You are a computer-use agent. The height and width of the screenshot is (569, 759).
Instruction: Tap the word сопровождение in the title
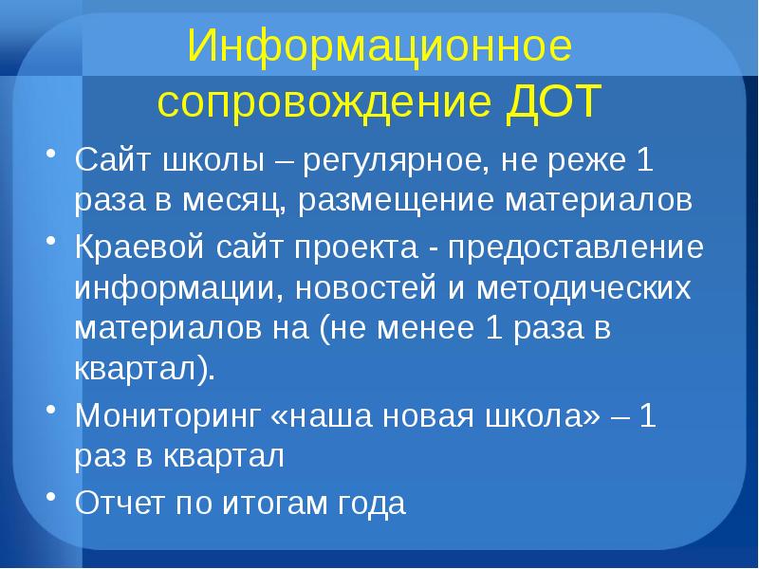[322, 101]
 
